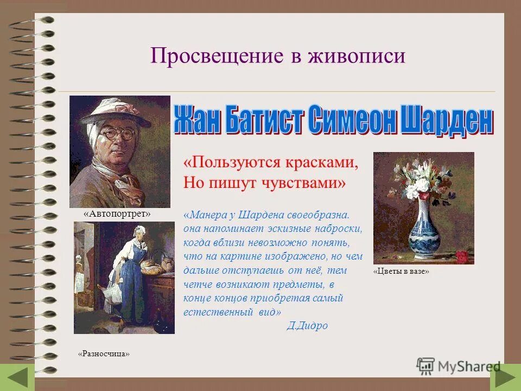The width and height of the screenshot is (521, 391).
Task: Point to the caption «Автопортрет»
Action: [x=117, y=215]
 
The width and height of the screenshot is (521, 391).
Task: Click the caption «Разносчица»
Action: [x=104, y=354]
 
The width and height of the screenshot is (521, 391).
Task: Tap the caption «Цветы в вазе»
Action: [x=402, y=271]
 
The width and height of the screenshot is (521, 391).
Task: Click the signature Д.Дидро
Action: [x=307, y=326]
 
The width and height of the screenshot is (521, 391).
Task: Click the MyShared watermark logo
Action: [x=458, y=366]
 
